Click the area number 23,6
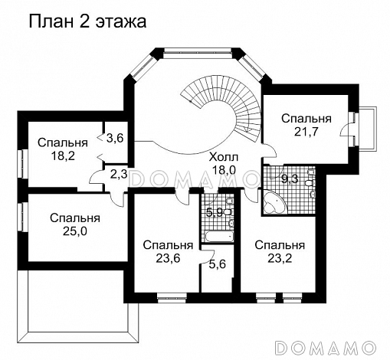click(x=167, y=259)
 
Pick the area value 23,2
click(x=280, y=259)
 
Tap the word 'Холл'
click(x=224, y=156)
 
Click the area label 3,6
click(x=115, y=138)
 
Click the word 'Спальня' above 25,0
click(x=74, y=218)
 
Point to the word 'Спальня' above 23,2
click(x=280, y=245)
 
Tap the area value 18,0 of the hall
click(x=224, y=170)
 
